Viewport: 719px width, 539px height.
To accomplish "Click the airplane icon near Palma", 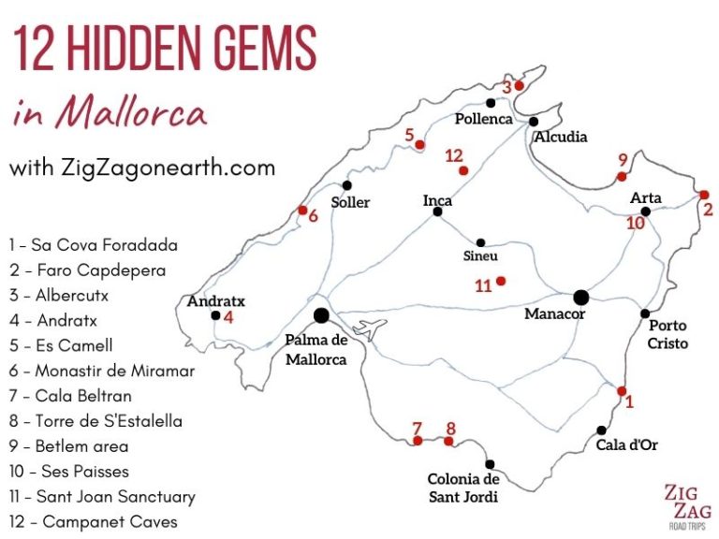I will tap(372, 329).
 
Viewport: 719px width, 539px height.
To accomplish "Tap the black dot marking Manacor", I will tap(580, 298).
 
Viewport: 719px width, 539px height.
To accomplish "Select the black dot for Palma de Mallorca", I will tap(322, 316).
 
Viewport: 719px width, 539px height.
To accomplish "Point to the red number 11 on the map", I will tap(483, 286).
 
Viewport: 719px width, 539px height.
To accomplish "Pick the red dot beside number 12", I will tap(462, 170).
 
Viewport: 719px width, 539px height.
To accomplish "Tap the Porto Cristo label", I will tap(667, 334).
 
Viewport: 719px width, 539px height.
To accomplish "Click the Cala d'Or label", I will tap(626, 444).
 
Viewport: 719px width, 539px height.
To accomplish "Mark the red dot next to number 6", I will tap(302, 210).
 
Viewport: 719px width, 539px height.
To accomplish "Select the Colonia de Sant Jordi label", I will tap(462, 488).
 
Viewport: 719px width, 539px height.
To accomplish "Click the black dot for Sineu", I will tap(480, 241).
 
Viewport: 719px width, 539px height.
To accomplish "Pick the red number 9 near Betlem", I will tap(623, 159).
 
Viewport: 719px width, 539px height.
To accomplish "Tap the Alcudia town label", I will tap(561, 137).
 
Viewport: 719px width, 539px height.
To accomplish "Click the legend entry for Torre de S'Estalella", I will tap(95, 421).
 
